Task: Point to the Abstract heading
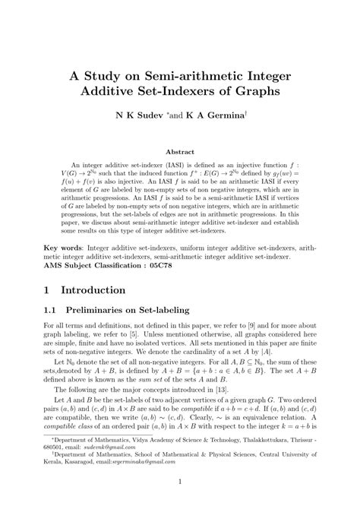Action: pyautogui.click(x=180, y=152)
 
